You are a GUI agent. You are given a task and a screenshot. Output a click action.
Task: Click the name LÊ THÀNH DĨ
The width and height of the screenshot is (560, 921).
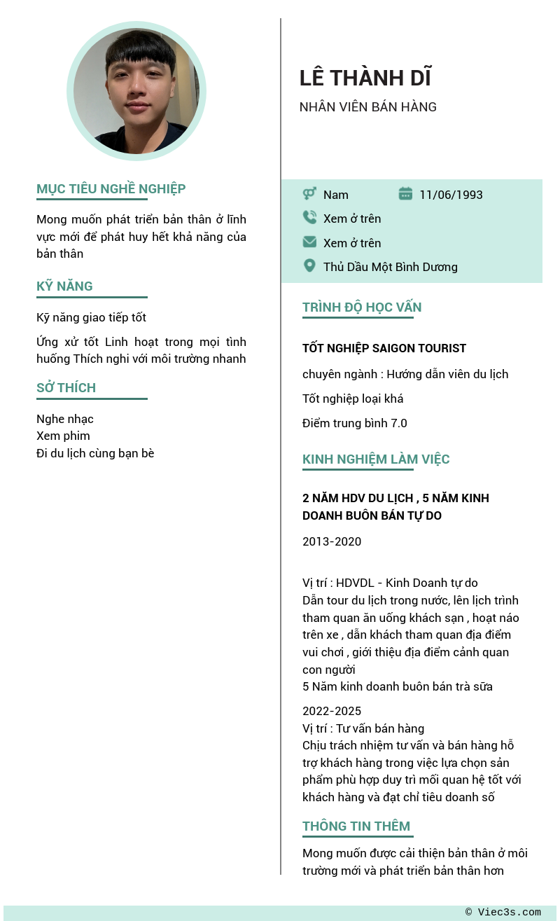(x=365, y=78)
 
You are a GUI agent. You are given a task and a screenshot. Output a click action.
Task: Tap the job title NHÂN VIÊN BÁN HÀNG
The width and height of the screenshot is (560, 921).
(x=367, y=107)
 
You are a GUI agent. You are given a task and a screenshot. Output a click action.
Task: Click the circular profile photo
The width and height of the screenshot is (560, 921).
(x=136, y=91)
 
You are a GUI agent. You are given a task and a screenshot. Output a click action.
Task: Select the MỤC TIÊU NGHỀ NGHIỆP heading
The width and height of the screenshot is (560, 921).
(x=111, y=189)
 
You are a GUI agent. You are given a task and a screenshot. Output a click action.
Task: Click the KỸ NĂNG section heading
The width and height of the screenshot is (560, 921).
(x=64, y=286)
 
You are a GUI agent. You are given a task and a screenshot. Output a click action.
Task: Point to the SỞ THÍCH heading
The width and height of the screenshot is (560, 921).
(x=66, y=388)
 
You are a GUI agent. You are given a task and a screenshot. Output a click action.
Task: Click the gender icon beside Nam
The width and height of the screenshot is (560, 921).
(x=309, y=194)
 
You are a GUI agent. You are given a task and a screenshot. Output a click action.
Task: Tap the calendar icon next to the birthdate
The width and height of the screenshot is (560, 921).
(x=405, y=194)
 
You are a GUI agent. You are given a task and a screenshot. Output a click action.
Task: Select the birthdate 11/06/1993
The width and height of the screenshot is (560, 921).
(x=451, y=195)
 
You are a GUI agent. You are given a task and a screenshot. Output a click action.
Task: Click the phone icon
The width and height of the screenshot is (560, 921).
(x=309, y=218)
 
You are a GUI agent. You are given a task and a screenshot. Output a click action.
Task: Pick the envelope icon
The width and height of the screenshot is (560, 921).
(x=309, y=242)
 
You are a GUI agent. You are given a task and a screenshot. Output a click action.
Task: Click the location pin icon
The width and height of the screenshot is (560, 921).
(x=309, y=266)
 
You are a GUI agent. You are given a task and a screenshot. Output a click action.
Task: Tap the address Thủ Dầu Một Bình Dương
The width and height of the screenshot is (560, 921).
(x=390, y=267)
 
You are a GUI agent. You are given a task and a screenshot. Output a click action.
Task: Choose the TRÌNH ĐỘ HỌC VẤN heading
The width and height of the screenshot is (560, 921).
(x=361, y=307)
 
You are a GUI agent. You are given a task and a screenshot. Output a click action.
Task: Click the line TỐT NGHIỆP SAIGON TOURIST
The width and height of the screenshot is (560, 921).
(x=384, y=349)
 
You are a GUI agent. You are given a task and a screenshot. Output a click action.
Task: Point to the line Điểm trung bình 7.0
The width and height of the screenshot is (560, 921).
(x=354, y=424)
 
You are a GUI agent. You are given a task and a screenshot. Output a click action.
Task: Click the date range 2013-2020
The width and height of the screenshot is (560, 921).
(x=332, y=542)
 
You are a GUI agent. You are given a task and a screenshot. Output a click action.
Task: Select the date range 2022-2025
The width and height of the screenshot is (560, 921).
(x=332, y=712)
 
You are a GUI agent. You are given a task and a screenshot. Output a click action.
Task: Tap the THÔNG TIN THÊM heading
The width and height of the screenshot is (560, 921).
(x=356, y=826)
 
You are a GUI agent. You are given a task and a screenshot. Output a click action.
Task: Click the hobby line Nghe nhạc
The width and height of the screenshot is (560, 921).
(x=65, y=420)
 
